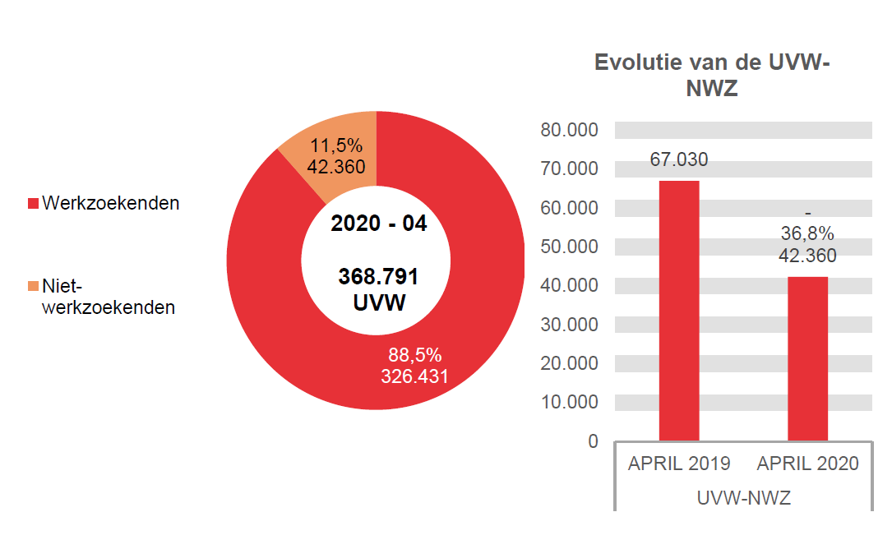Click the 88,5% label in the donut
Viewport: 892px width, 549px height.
(x=414, y=356)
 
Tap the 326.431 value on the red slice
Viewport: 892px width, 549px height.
(x=414, y=376)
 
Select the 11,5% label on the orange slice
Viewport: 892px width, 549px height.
(x=335, y=145)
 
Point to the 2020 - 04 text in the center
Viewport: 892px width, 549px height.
(x=378, y=224)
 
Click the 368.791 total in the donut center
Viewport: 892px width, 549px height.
(x=378, y=276)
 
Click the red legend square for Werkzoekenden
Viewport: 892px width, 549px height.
(x=33, y=203)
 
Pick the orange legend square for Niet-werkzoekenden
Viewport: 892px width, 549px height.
(x=33, y=287)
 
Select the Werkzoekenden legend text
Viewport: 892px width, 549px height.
(x=110, y=203)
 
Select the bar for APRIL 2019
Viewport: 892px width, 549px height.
(x=679, y=312)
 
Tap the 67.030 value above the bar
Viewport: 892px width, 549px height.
(x=679, y=159)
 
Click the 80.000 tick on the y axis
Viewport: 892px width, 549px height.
(x=569, y=131)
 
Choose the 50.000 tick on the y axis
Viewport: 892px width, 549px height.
(x=569, y=247)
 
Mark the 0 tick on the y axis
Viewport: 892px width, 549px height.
(x=593, y=441)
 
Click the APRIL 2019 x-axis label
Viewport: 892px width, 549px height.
(x=679, y=464)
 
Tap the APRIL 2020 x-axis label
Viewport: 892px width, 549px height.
(x=807, y=464)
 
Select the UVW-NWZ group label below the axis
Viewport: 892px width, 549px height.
(x=743, y=498)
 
